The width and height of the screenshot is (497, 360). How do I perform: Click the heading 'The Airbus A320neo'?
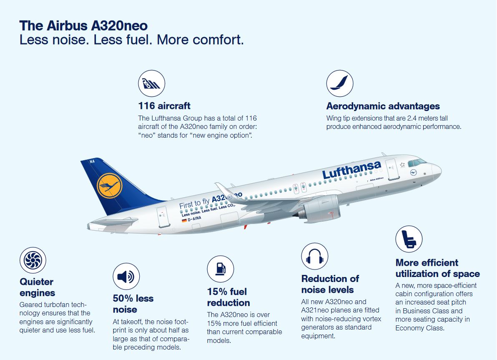pyautogui.click(x=83, y=25)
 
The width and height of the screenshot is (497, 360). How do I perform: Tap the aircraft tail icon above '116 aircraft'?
pyautogui.click(x=151, y=83)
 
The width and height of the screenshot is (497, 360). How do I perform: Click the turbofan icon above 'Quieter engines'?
pyautogui.click(x=33, y=261)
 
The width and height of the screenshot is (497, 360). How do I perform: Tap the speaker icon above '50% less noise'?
pyautogui.click(x=126, y=277)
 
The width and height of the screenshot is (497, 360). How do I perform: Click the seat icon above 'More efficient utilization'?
pyautogui.click(x=409, y=239)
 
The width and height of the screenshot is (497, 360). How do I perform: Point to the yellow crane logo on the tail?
pyautogui.click(x=109, y=186)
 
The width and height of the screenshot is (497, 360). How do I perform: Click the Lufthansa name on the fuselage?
pyautogui.click(x=351, y=169)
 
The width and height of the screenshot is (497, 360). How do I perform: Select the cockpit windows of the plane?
pyautogui.click(x=417, y=162)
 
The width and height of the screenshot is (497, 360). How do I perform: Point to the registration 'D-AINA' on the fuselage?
pyautogui.click(x=194, y=218)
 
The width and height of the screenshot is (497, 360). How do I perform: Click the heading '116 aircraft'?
pyautogui.click(x=164, y=106)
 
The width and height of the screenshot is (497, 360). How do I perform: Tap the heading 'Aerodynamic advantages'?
pyautogui.click(x=383, y=106)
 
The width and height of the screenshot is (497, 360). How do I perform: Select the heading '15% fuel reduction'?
pyautogui.click(x=228, y=297)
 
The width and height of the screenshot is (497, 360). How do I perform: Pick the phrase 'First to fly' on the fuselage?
pyautogui.click(x=194, y=204)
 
